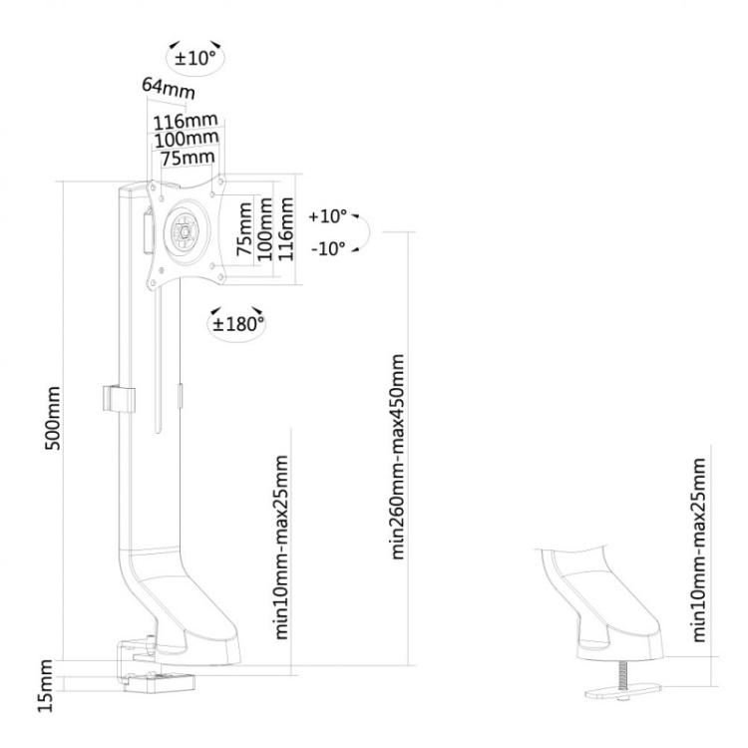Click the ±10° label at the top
click(196, 58)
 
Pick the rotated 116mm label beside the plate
click(285, 227)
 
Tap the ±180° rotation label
click(237, 322)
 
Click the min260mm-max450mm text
click(400, 456)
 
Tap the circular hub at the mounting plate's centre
click(185, 228)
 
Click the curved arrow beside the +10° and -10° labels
click(365, 231)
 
